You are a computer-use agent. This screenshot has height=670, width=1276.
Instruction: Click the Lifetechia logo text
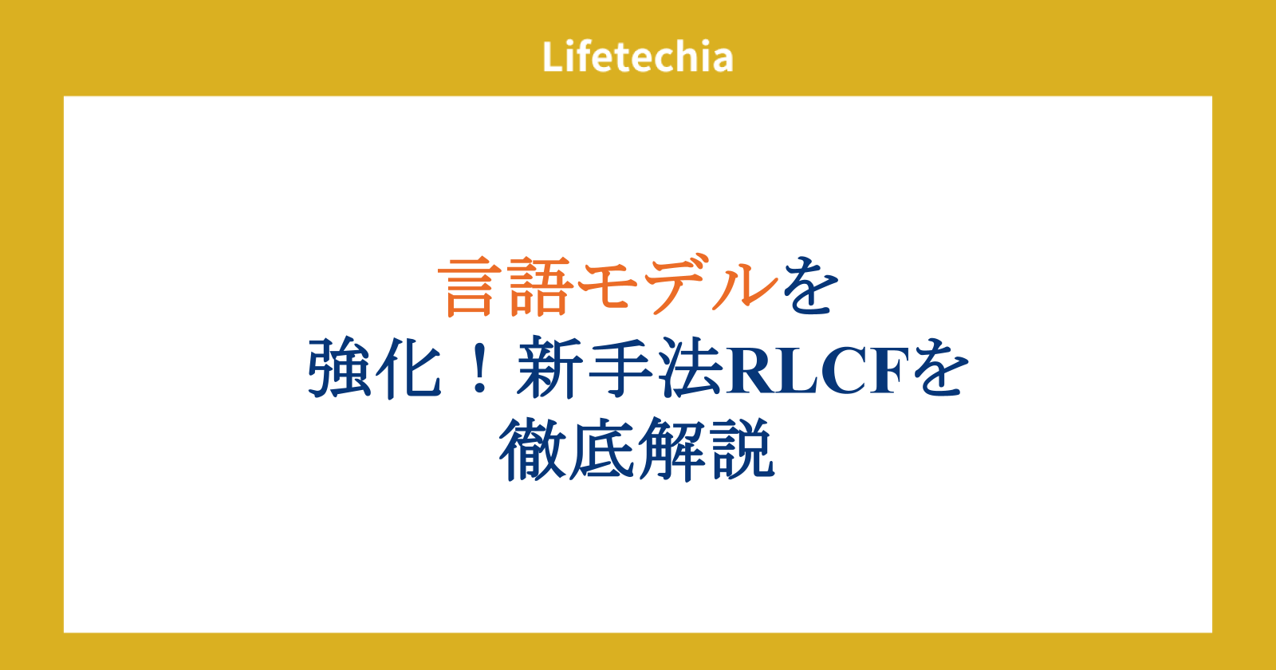tap(637, 57)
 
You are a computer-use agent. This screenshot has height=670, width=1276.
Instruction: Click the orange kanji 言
tap(470, 286)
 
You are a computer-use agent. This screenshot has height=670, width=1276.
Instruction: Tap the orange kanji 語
tap(538, 286)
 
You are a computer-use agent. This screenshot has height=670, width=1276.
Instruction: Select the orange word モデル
tap(677, 286)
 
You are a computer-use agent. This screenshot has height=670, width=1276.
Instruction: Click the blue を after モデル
tap(810, 286)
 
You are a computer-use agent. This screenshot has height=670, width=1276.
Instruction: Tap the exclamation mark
tap(480, 368)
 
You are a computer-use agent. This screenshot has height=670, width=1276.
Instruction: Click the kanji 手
tap(619, 368)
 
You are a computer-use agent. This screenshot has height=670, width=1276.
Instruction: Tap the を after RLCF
tap(940, 368)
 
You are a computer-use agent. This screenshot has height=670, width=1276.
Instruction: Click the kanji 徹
tap(532, 450)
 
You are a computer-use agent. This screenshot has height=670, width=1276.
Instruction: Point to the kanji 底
tap(601, 450)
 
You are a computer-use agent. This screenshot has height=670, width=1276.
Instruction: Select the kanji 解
tap(671, 450)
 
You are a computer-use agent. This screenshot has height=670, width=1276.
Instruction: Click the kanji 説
tap(742, 450)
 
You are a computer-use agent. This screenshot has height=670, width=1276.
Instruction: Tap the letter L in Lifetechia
tap(553, 57)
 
